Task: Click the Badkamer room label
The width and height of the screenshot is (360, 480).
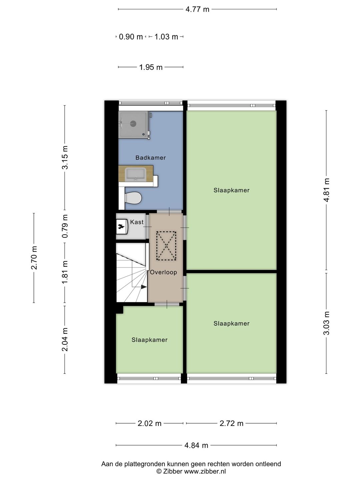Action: (x=150, y=158)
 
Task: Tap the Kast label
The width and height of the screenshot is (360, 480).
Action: (x=137, y=222)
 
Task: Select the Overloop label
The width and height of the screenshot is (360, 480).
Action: (x=163, y=272)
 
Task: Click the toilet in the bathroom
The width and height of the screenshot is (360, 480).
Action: (x=133, y=198)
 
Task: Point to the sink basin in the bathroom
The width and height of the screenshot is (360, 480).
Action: (x=135, y=174)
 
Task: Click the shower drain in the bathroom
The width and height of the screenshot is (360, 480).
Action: (x=133, y=124)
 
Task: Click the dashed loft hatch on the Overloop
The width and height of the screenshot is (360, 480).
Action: (x=166, y=246)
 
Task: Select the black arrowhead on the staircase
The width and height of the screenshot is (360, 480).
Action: (x=144, y=287)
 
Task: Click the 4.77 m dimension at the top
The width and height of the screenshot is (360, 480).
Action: (x=197, y=9)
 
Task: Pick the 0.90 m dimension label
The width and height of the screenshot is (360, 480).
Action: (x=131, y=37)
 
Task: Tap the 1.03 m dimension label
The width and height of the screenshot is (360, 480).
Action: (x=166, y=37)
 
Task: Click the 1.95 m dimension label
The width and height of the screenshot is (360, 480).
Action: (x=151, y=67)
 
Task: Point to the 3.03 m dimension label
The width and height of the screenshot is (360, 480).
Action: (x=327, y=323)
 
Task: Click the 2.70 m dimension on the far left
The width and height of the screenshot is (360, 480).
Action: (x=34, y=258)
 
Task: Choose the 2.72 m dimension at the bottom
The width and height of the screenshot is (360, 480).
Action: (x=231, y=423)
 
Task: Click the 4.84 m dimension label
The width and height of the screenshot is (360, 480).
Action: (x=196, y=445)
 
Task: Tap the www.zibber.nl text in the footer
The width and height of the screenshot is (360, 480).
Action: (x=205, y=471)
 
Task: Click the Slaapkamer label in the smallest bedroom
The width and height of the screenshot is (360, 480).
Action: (x=149, y=340)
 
